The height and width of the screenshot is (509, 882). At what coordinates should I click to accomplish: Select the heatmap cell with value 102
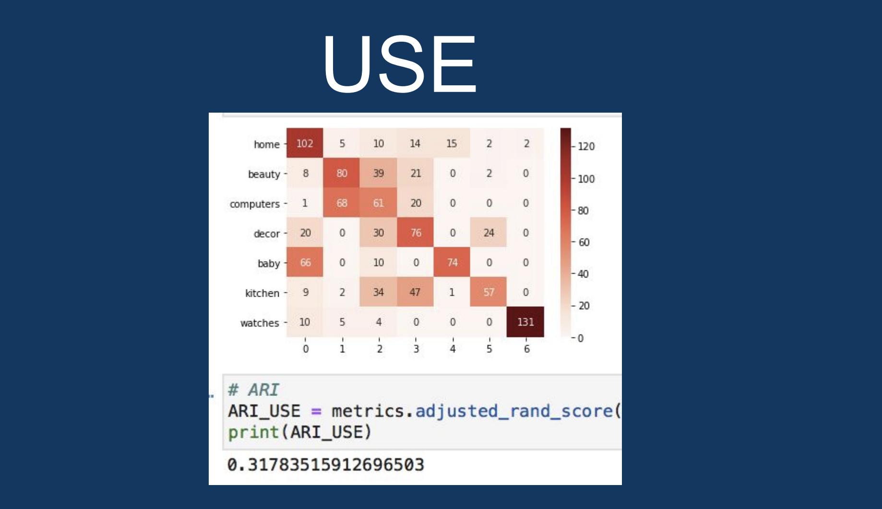click(x=305, y=143)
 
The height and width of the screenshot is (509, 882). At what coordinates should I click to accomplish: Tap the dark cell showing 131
click(x=525, y=322)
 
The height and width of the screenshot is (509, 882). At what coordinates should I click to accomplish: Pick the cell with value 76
click(x=416, y=233)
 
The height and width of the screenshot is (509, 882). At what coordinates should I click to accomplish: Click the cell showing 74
click(x=452, y=263)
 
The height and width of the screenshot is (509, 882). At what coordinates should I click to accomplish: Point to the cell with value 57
click(x=489, y=292)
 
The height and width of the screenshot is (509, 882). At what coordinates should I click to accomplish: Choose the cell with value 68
click(x=342, y=203)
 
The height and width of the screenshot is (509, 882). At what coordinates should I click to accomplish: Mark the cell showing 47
click(x=416, y=292)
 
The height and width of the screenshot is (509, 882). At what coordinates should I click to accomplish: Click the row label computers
click(x=254, y=204)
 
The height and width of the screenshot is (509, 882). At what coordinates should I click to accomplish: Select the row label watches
click(x=260, y=323)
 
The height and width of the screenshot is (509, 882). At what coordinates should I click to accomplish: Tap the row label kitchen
click(x=262, y=293)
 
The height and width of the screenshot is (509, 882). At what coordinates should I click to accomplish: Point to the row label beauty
click(x=264, y=174)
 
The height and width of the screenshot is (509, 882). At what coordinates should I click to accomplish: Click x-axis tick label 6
click(x=526, y=349)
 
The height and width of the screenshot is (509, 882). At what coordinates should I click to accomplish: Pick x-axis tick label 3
click(x=416, y=349)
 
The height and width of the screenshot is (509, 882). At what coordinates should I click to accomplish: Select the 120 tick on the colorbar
click(x=586, y=147)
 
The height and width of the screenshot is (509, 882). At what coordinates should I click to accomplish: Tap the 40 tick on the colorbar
click(x=583, y=274)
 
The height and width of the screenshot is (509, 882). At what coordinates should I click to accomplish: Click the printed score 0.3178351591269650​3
click(x=326, y=465)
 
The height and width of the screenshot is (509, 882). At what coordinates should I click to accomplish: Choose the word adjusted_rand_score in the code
click(x=514, y=411)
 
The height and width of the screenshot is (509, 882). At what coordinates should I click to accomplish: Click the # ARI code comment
click(x=253, y=390)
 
